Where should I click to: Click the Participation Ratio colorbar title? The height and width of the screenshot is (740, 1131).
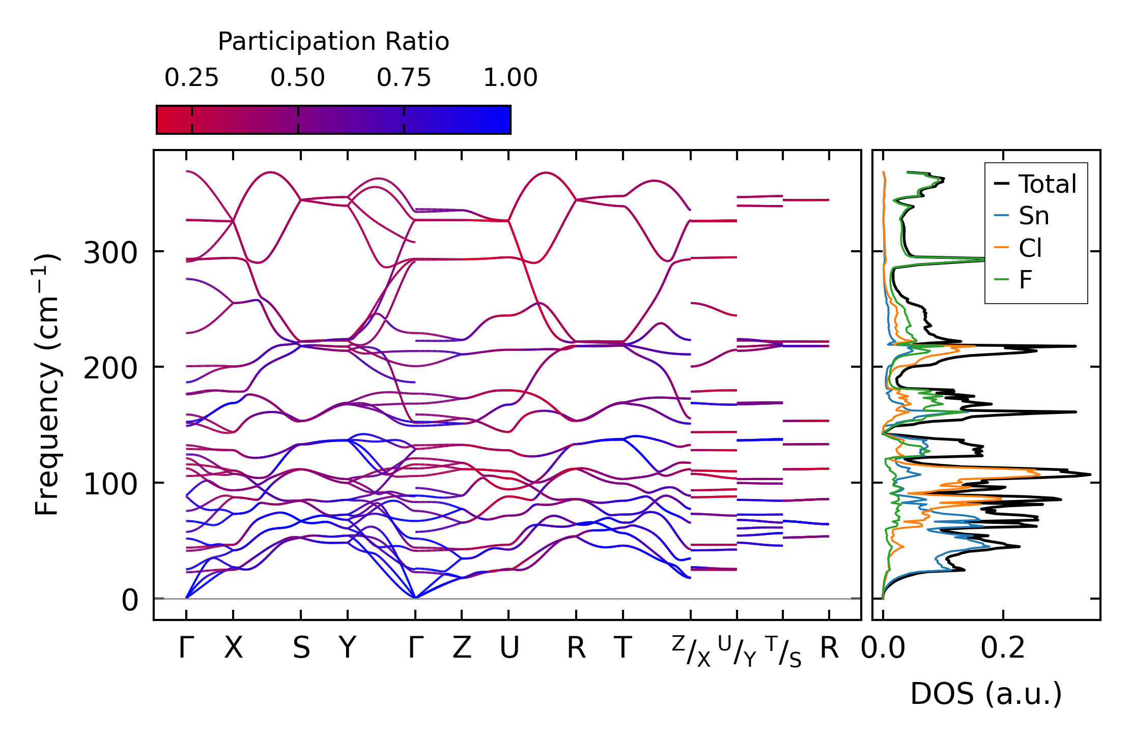click(333, 42)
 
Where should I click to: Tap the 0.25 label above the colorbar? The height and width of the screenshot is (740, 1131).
click(191, 78)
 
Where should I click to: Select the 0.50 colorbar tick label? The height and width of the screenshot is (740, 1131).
click(298, 78)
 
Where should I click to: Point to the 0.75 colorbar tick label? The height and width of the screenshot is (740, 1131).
click(404, 78)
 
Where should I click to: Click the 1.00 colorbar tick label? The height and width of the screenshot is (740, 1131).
click(510, 78)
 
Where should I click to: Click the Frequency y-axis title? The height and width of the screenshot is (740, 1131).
click(47, 384)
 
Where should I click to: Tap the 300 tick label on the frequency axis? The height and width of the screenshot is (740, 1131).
click(110, 252)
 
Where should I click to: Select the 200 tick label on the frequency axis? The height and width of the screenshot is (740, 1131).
click(110, 368)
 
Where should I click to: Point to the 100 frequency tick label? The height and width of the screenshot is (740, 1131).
click(110, 484)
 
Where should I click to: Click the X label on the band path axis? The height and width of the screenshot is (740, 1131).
click(234, 648)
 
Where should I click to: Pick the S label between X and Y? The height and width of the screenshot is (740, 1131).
click(301, 648)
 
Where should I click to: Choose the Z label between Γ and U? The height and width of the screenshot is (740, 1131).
click(462, 648)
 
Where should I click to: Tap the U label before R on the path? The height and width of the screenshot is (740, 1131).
click(509, 648)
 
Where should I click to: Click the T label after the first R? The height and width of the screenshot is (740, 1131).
click(623, 648)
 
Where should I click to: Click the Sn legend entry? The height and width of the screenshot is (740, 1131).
click(1034, 216)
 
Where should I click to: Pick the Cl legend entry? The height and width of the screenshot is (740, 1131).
click(1030, 248)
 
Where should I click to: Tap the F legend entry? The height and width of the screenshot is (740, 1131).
click(1025, 280)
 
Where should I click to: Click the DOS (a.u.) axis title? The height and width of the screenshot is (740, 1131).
click(986, 694)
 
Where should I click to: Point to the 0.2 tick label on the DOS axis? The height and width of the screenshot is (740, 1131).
click(1003, 648)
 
